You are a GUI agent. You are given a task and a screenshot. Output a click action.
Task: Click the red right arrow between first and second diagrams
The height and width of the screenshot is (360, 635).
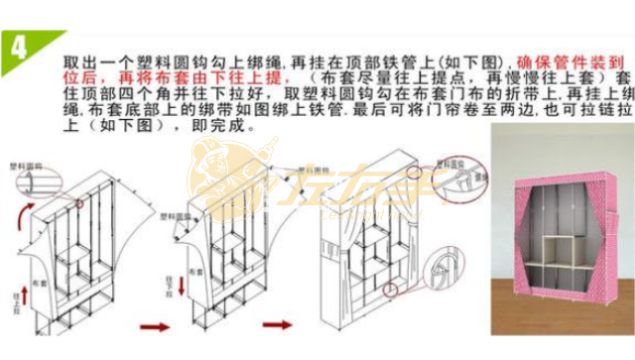pos(156,326)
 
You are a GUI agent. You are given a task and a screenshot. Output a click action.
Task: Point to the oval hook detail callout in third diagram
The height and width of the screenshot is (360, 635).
pos(466,160)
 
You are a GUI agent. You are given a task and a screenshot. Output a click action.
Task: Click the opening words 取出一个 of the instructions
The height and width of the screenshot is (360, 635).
pos(84,61)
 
